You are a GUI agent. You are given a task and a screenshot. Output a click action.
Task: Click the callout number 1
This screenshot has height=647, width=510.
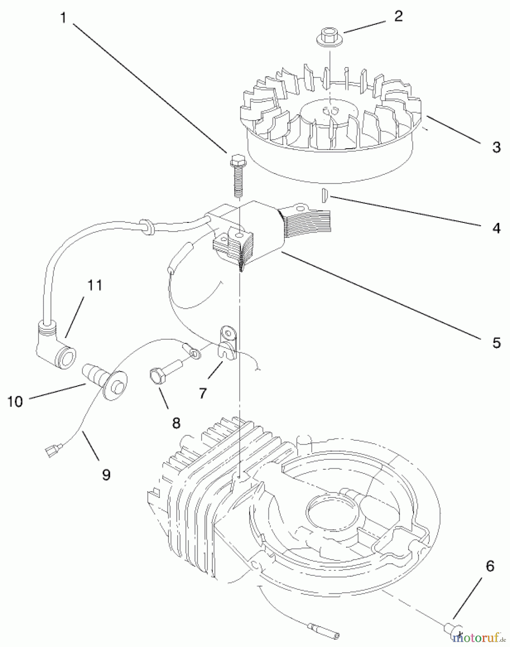[x=64, y=18]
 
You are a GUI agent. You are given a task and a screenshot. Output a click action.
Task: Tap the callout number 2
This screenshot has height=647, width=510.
[x=398, y=16]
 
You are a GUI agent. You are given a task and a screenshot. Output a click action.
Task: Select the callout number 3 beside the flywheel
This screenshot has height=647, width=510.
[x=496, y=147]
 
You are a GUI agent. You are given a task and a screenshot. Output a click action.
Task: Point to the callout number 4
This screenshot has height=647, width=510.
[x=496, y=228]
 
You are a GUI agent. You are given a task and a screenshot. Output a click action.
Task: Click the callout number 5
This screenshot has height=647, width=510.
[x=496, y=343]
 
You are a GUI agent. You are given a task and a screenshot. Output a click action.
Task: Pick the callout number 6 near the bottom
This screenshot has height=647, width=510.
[x=490, y=566]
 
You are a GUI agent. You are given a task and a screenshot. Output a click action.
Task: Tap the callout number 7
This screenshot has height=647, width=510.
[x=203, y=393]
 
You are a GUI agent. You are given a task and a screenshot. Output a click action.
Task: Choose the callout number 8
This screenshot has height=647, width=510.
[x=176, y=423]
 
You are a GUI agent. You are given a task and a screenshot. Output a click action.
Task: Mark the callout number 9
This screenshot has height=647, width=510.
[x=106, y=475]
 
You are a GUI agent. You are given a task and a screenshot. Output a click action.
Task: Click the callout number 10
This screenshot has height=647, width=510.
[x=15, y=401]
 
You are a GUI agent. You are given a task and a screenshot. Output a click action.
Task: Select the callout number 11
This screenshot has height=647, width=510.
[x=95, y=285]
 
